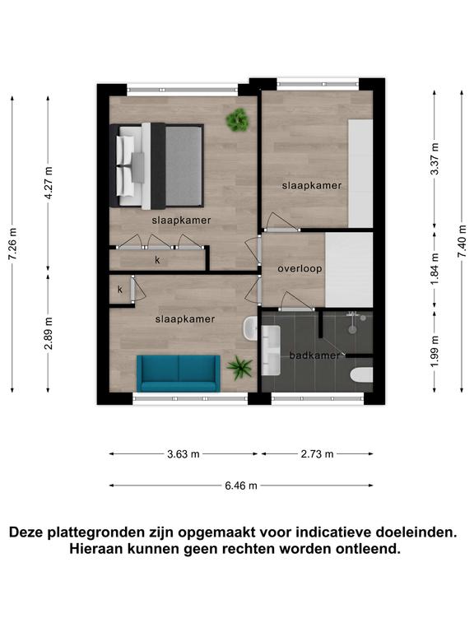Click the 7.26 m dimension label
[x=12, y=244]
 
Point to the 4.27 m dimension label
[x=49, y=183]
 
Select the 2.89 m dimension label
[x=49, y=333]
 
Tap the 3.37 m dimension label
[x=434, y=159]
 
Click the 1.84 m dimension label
[x=434, y=269]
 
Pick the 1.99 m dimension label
[x=434, y=351]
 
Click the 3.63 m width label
[x=184, y=454]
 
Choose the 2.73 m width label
[x=317, y=454]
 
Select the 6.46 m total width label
[x=241, y=486]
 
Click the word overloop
[x=300, y=268]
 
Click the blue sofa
[x=178, y=374]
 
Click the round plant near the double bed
[x=238, y=119]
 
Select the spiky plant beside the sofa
[x=239, y=368]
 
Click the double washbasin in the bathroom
[x=271, y=351]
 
